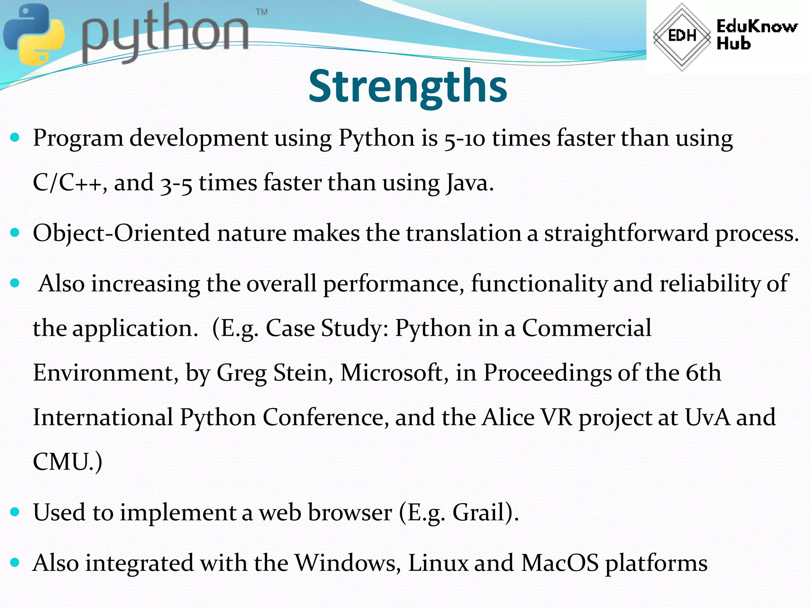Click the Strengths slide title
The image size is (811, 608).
(x=407, y=86)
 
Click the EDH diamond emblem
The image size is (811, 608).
(x=682, y=36)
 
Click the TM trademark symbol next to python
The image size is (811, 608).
(x=261, y=12)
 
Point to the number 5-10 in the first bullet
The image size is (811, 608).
(x=465, y=139)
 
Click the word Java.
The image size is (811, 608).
(x=470, y=183)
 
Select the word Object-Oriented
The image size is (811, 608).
(x=121, y=233)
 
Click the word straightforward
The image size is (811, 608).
(x=626, y=233)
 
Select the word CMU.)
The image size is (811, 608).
(x=67, y=462)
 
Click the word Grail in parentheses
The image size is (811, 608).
(x=479, y=513)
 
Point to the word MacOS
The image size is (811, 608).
(x=560, y=563)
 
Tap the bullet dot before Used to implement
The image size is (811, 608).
(x=15, y=512)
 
